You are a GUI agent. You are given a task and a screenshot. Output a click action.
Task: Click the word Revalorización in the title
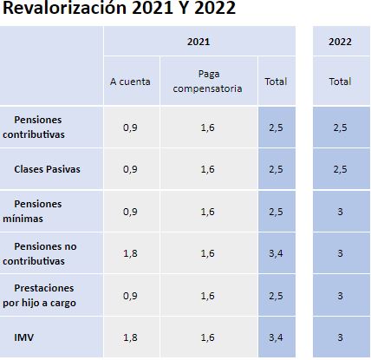pos(64,7)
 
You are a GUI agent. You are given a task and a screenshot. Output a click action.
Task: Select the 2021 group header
pos(199,42)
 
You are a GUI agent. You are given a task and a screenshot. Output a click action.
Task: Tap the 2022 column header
pos(340,42)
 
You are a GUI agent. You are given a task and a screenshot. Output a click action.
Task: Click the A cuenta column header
pos(130,82)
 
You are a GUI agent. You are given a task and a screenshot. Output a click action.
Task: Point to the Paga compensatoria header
pos(208,82)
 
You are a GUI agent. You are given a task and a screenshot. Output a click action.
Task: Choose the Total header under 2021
pos(276,82)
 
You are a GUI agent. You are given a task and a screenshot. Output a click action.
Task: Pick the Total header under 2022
pos(340,82)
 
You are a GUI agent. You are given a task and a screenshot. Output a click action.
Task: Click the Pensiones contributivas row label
pos(34,127)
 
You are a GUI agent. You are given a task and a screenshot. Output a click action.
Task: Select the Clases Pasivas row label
pos(47,169)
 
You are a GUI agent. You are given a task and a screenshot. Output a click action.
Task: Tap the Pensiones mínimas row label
pos(32,211)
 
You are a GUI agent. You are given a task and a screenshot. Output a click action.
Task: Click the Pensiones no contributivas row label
pos(40,253)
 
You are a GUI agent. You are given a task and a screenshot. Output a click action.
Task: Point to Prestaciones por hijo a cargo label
pos(39,295)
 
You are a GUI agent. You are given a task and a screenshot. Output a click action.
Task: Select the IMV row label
pos(24,337)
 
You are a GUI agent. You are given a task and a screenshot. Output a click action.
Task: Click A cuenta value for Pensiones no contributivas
pos(130,253)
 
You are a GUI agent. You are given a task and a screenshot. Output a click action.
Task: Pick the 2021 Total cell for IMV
pos(276,337)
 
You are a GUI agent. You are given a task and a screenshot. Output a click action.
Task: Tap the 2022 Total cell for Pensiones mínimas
pos(340,212)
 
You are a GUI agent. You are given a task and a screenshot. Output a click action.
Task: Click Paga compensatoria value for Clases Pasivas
pos(208,169)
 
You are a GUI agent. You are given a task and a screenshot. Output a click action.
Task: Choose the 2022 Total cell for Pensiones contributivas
pos(340,128)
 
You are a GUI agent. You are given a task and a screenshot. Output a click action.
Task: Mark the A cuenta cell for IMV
pos(130,337)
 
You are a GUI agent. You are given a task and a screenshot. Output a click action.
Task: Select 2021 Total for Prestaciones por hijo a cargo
pos(276,296)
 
